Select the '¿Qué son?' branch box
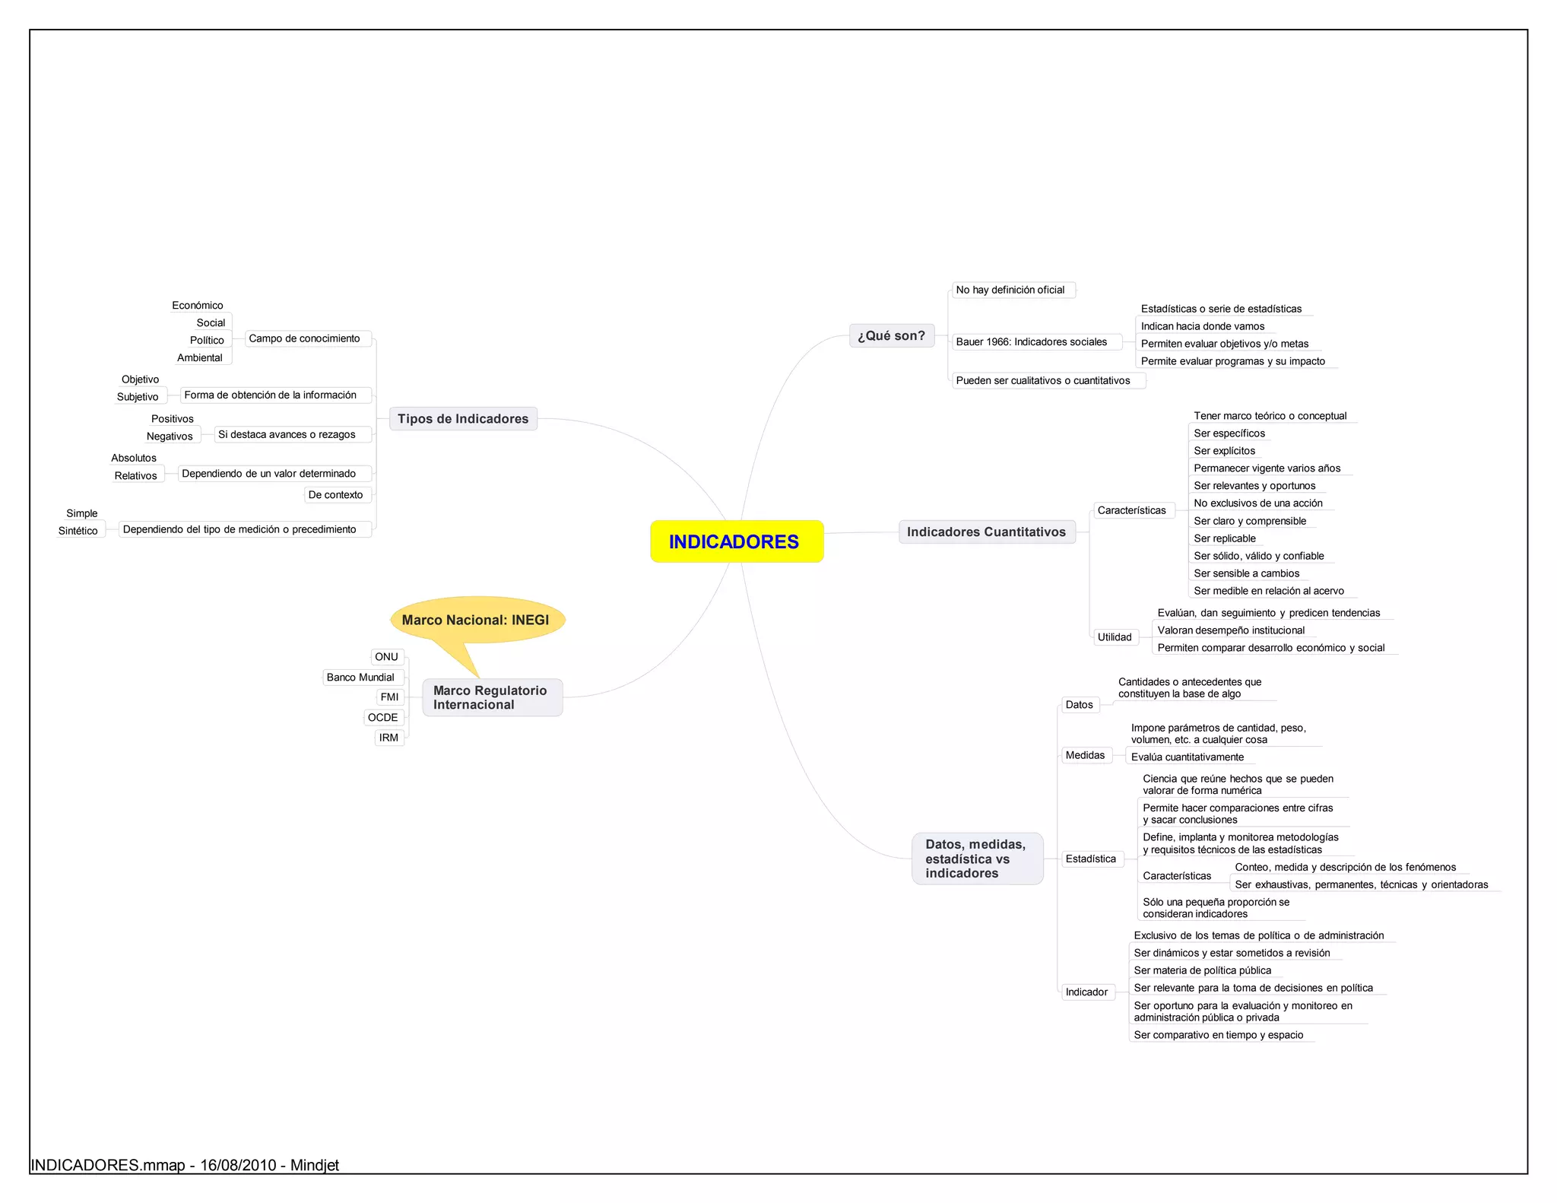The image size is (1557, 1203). pos(891,335)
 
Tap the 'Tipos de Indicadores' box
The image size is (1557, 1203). pos(463,419)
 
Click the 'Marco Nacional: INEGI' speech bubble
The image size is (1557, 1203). pos(476,620)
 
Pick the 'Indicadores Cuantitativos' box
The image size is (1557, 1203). pos(986,532)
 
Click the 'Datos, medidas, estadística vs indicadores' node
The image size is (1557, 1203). pos(977,859)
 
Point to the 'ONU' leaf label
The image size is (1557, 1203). pos(386,657)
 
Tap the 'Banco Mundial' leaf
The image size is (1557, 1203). pos(360,678)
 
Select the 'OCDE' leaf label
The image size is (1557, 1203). pos(383,718)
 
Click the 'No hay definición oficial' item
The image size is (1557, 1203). pos(1010,290)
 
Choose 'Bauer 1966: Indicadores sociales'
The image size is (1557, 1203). pos(1032,342)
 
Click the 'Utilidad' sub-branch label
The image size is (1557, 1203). pos(1115,637)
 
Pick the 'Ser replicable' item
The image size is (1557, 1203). pos(1225,538)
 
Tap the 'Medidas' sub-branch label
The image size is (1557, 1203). pos(1085,755)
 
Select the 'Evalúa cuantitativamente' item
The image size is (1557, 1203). pos(1188,757)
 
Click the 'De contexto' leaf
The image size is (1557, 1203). pos(335,495)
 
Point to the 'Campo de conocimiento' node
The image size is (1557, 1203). pos(304,338)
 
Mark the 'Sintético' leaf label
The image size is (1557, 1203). pos(78,531)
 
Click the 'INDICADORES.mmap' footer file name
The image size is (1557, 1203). pos(107,1165)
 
